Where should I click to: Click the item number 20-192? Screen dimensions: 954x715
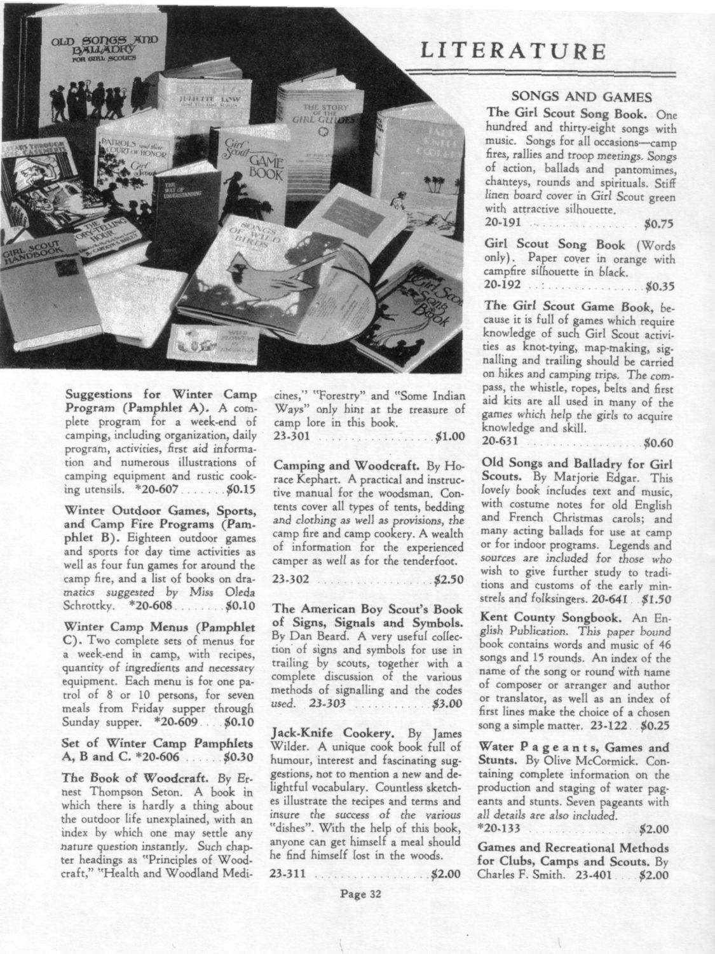tap(503, 285)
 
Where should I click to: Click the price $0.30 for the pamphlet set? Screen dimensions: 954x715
tap(239, 757)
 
